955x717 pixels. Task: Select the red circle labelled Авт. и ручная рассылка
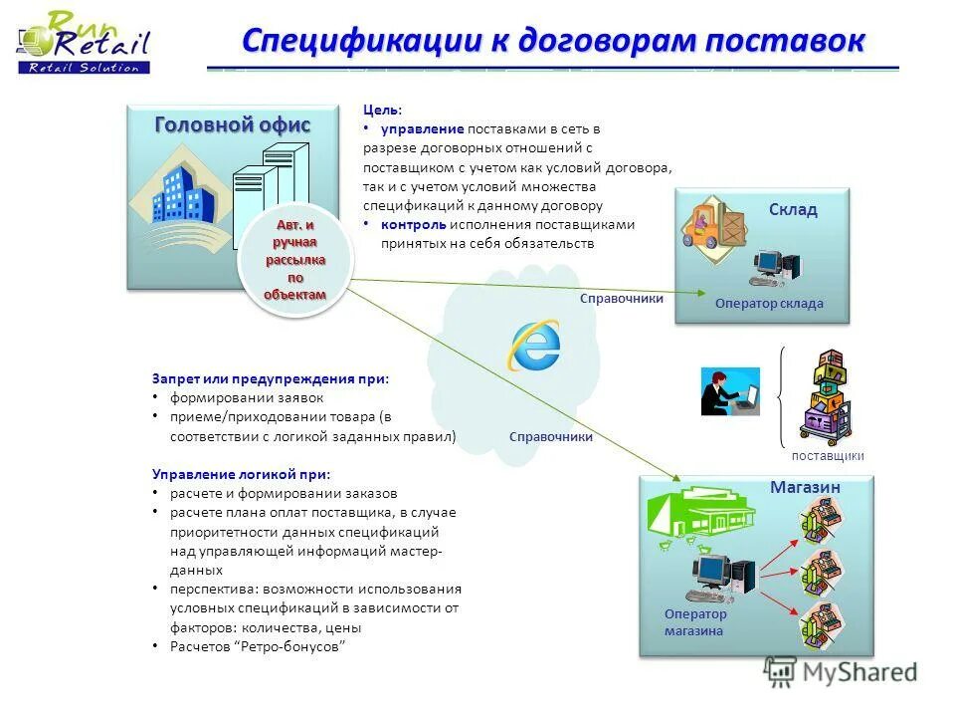click(294, 260)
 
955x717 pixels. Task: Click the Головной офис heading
click(233, 124)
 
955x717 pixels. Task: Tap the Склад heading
click(793, 209)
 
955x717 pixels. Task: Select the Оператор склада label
click(769, 304)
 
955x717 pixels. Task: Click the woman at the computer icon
click(728, 391)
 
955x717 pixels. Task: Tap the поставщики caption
click(828, 455)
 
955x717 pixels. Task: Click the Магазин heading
click(805, 487)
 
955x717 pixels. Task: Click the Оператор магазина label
click(695, 622)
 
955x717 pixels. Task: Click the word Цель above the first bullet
click(383, 111)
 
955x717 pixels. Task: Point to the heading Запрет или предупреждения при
click(271, 378)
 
